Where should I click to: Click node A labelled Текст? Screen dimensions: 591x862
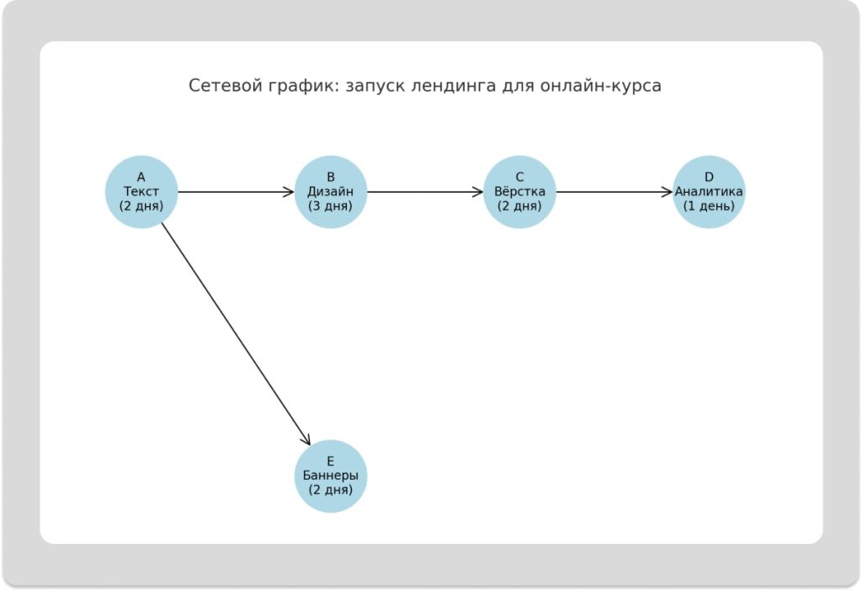click(141, 192)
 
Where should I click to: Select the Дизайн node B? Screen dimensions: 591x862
click(330, 192)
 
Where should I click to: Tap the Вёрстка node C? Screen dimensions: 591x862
click(519, 192)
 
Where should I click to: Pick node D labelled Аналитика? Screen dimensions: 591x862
click(709, 192)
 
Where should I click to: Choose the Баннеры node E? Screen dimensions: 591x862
click(330, 476)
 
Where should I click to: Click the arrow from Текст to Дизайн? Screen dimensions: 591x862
click(236, 192)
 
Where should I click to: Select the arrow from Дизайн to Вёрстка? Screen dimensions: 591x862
click(425, 192)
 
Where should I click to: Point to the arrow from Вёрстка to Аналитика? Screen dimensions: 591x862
click(615, 192)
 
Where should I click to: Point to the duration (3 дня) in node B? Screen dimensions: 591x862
click(330, 205)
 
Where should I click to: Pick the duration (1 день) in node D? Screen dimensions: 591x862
click(709, 205)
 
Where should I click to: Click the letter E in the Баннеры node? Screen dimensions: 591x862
click(330, 461)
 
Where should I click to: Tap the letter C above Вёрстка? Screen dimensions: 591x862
click(519, 178)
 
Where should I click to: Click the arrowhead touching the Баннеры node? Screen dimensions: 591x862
click(307, 439)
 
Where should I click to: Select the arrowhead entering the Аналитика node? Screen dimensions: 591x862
click(667, 192)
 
